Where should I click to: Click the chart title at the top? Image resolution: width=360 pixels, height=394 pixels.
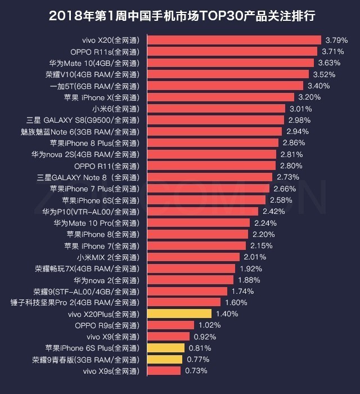[180, 16]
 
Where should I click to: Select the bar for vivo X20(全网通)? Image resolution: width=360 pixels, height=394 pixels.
[234, 40]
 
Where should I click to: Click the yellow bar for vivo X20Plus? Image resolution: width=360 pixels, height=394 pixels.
[179, 314]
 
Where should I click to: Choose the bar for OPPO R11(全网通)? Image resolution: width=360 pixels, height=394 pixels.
[211, 165]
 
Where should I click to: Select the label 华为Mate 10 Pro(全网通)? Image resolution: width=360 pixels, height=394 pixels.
[96, 222]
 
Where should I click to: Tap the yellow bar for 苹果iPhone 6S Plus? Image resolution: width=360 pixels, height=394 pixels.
[166, 348]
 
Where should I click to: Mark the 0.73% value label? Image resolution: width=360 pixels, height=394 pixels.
[196, 370]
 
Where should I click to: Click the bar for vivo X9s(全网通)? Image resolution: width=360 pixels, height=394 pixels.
[164, 370]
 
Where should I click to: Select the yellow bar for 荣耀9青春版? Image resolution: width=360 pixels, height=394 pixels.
[165, 359]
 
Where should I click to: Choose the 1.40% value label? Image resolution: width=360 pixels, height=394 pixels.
[227, 314]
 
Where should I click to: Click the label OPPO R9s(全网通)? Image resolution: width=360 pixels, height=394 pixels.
[106, 325]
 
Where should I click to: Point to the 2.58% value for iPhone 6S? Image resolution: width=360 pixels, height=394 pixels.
[281, 200]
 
